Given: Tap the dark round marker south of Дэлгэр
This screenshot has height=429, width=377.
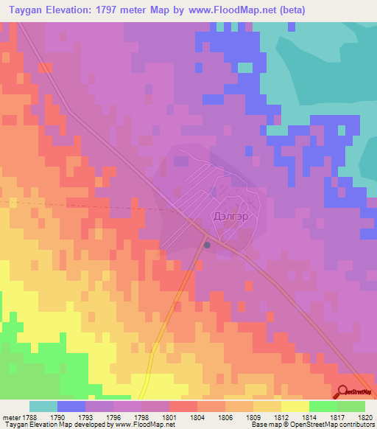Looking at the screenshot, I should (208, 245).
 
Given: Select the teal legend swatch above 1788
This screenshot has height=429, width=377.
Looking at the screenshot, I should (43, 406).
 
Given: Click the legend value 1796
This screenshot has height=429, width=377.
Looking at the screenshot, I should (114, 416).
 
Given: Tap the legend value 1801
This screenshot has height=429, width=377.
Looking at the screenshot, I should (170, 416).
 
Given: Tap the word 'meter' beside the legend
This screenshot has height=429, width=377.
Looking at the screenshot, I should (12, 416).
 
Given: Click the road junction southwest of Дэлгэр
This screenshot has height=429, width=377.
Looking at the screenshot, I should (193, 221).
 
